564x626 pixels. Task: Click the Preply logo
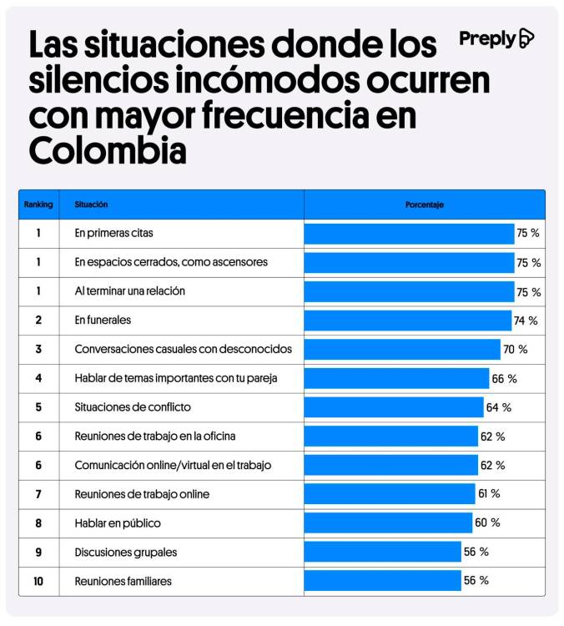496,38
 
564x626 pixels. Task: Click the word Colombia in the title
108,150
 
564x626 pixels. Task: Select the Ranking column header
38,204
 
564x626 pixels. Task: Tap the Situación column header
91,204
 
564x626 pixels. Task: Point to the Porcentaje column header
424,204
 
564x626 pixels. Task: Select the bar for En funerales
407,321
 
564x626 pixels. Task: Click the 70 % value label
515,350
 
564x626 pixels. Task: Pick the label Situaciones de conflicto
133,407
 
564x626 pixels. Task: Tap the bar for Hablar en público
388,523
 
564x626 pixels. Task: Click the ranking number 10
38,581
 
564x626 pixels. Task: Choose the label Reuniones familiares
123,581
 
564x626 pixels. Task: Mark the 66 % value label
504,379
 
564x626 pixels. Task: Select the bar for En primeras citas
409,234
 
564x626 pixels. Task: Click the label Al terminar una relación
129,291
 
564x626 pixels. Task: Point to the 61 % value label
489,494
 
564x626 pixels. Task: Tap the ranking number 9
38,552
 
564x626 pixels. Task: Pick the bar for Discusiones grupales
382,552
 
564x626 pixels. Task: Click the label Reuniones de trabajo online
142,494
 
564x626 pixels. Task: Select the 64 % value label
498,407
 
